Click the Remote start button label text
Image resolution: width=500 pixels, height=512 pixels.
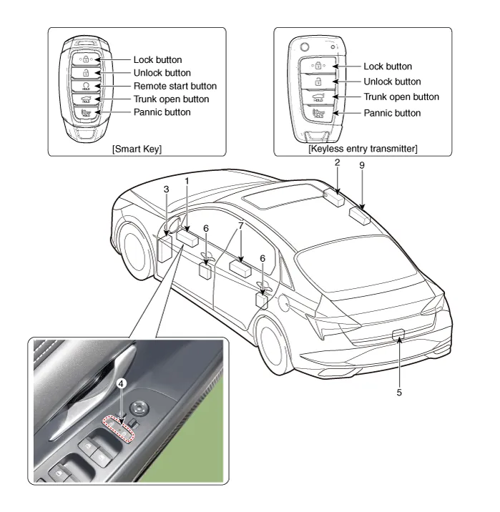click(x=175, y=86)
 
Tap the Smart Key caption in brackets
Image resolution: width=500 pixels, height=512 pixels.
click(x=136, y=147)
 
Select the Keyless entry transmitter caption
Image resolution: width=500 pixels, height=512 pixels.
click(x=363, y=147)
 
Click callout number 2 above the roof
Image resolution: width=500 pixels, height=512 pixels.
click(x=336, y=162)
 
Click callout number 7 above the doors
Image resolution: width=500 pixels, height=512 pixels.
click(x=241, y=225)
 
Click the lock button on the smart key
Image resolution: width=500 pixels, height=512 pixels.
click(x=86, y=60)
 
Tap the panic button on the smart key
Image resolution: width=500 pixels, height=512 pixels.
click(x=86, y=113)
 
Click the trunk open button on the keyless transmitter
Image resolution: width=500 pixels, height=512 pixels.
click(x=315, y=96)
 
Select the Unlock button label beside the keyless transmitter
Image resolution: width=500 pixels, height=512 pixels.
click(x=392, y=82)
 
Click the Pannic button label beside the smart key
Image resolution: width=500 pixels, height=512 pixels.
click(x=162, y=112)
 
